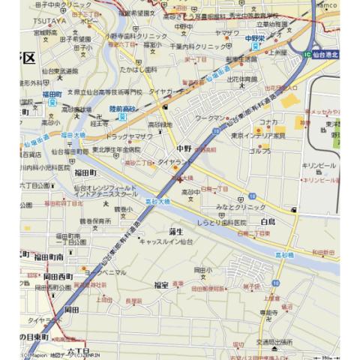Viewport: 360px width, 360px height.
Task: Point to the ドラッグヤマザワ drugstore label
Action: pos(129,136)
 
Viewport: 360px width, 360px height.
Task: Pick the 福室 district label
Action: pos(160,284)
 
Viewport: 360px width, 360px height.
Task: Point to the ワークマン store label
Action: pos(209,118)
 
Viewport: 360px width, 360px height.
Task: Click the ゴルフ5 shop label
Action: pos(260,151)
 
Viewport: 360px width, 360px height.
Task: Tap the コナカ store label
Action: pos(268,121)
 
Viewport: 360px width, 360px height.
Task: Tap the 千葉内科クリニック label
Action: pos(188,46)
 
